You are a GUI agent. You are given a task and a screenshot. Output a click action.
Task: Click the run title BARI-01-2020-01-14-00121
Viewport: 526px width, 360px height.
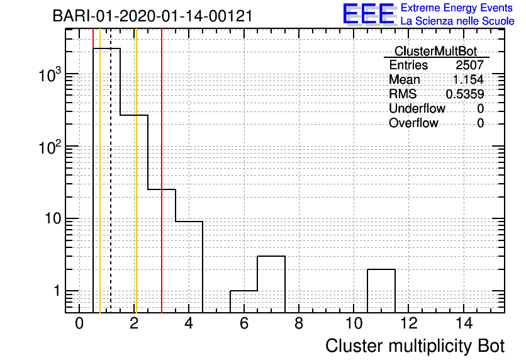click(x=153, y=16)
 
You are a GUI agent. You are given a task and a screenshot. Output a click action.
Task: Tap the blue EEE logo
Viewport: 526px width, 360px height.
click(x=369, y=14)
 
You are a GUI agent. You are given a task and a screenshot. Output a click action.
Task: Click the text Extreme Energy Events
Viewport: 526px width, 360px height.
click(x=457, y=8)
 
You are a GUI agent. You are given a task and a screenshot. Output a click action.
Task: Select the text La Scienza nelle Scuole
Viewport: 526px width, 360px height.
click(x=457, y=21)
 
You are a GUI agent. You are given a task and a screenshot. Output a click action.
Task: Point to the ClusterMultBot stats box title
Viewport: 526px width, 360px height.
click(x=436, y=51)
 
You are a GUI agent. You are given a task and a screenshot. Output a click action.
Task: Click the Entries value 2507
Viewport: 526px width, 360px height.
click(x=469, y=65)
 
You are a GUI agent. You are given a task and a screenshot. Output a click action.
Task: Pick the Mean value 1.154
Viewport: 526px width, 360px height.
click(x=468, y=79)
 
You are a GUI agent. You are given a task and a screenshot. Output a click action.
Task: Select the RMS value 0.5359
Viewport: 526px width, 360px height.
click(x=464, y=94)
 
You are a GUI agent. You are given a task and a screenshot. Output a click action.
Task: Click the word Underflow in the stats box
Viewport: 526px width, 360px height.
click(x=417, y=108)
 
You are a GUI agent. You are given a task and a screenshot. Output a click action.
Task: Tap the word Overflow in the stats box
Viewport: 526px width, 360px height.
click(x=413, y=123)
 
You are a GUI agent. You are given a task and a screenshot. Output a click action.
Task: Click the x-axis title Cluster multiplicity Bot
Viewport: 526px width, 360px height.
click(x=415, y=346)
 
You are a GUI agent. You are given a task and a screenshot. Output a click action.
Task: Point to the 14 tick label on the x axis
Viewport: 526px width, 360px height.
click(x=464, y=323)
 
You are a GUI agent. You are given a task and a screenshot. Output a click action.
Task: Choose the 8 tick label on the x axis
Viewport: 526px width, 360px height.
click(x=299, y=323)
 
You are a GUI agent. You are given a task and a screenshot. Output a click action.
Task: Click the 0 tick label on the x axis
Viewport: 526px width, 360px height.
click(x=79, y=323)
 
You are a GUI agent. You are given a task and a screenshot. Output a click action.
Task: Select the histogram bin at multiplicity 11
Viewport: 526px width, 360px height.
click(x=381, y=291)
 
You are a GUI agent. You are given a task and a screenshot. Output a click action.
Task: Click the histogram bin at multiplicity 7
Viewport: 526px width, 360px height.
click(x=271, y=284)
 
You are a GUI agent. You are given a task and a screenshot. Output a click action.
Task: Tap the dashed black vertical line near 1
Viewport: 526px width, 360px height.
click(x=110, y=171)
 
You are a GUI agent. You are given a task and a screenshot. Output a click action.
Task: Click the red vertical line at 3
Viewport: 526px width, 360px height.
click(x=162, y=171)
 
